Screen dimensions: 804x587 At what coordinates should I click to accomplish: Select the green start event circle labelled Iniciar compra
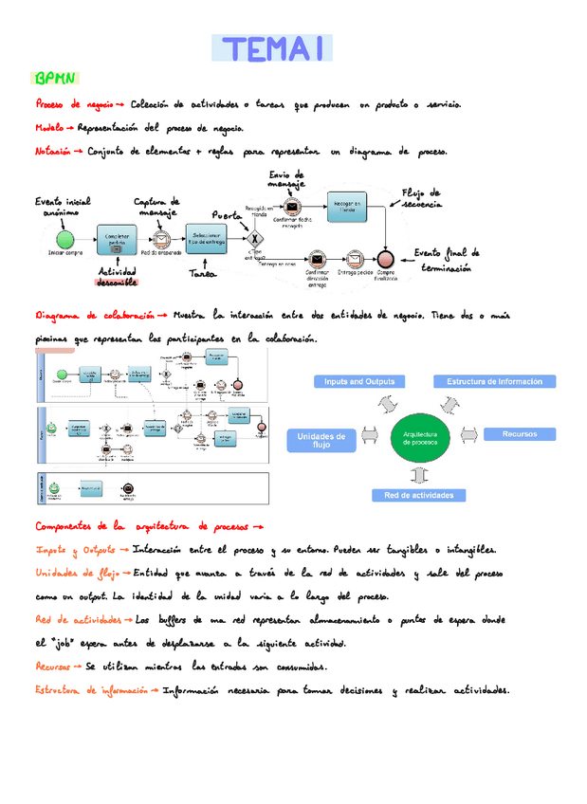64,237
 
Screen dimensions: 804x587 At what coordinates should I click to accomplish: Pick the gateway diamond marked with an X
252,237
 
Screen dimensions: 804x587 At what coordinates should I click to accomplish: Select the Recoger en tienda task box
348,204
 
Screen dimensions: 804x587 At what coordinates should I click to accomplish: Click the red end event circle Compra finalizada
386,258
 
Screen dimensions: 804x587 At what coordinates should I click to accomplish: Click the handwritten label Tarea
202,274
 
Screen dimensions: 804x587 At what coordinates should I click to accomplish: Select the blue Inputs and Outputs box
358,382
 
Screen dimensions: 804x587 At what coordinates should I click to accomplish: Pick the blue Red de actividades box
418,495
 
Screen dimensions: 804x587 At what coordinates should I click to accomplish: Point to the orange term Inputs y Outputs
76,550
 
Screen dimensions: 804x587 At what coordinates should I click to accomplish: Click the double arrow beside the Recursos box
468,434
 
